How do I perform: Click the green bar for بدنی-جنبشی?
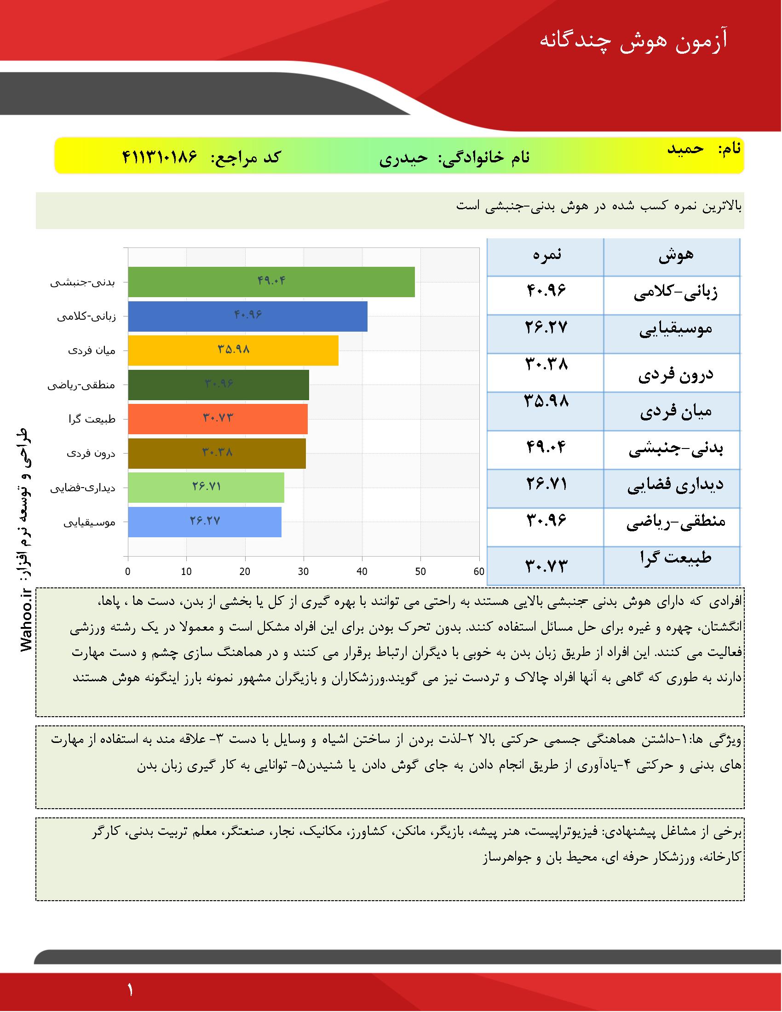pos(271,282)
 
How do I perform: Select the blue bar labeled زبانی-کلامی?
pos(247,316)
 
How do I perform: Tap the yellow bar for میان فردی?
pos(233,351)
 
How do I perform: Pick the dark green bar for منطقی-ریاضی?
pos(218,385)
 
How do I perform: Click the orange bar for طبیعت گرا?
pos(218,419)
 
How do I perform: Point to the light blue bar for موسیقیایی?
pos(204,522)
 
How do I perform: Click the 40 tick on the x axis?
pos(362,571)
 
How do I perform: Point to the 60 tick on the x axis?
pos(479,571)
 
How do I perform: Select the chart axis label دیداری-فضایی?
pos(83,488)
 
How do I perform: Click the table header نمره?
pos(546,255)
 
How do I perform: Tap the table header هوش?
pos(676,255)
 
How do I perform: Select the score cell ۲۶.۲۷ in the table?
pos(546,328)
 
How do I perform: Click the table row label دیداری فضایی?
pos(675,485)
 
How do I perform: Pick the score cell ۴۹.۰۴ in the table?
pos(546,447)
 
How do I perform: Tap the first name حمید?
pos(685,149)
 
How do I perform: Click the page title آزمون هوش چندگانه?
pos(633,41)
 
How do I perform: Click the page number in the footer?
pos(130,990)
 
